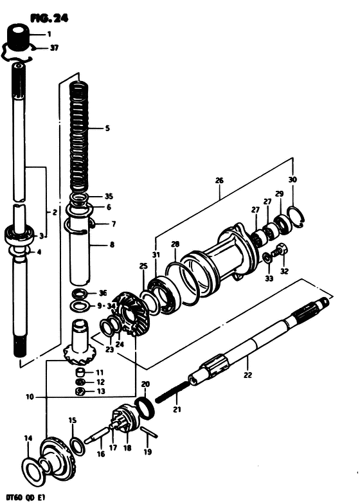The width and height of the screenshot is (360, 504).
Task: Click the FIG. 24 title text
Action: [x=50, y=19]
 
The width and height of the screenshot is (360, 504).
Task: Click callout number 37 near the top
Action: [x=54, y=48]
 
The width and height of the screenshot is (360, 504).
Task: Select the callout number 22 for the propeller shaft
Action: [x=248, y=375]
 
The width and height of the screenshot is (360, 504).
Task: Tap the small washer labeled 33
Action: [x=267, y=258]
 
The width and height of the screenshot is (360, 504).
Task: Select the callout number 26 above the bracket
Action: [x=219, y=181]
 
